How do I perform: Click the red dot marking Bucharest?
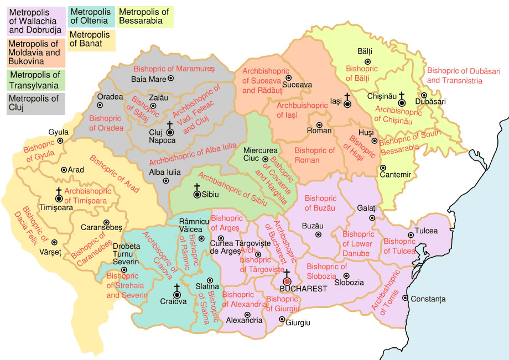[287, 281]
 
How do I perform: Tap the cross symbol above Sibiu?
[196, 187]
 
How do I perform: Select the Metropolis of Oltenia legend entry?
[92, 17]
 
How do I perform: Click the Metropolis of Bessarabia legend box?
[144, 17]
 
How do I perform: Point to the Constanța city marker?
[406, 299]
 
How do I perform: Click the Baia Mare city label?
[148, 79]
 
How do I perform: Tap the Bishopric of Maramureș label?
[173, 69]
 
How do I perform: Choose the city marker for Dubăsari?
[424, 95]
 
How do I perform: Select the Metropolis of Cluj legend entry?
[34, 103]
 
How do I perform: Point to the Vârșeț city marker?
[54, 242]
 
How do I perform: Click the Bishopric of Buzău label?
[320, 203]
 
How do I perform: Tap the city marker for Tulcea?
[411, 235]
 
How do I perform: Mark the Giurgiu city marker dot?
[282, 319]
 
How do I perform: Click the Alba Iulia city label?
[165, 172]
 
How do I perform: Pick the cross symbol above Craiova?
[176, 287]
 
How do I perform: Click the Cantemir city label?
[395, 175]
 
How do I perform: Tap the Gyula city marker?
[60, 140]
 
